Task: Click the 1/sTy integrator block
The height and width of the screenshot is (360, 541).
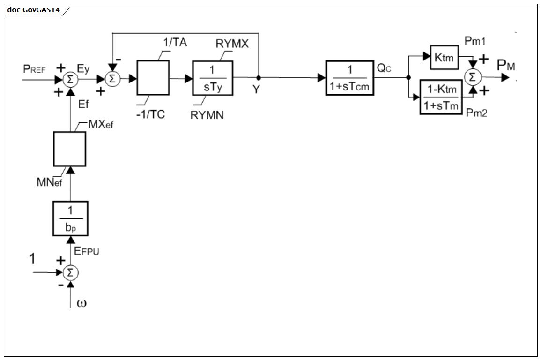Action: tap(213, 78)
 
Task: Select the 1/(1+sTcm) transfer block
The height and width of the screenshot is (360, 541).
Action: tap(350, 78)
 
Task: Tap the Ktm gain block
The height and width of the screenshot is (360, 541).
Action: tap(445, 57)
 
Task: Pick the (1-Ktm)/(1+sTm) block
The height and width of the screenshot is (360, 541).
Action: tap(441, 97)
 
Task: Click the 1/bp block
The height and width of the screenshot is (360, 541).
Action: tap(70, 218)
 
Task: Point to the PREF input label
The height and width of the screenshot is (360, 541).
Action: tap(34, 69)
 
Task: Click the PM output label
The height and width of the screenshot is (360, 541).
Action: tap(506, 65)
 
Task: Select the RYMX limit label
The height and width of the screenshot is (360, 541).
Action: tap(232, 44)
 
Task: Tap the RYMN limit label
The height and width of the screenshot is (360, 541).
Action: tap(207, 115)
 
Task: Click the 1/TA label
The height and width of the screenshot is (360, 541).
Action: tap(175, 43)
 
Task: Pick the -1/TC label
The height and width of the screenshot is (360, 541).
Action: tap(150, 114)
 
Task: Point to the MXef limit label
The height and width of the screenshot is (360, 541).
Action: tap(101, 124)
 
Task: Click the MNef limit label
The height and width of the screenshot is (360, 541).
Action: tap(49, 182)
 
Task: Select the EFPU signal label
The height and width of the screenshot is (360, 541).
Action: tap(87, 251)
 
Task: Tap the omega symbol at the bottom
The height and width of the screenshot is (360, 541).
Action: tap(82, 303)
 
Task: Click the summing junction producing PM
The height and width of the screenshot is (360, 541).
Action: tap(472, 77)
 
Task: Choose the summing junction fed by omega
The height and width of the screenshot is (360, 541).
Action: tap(70, 273)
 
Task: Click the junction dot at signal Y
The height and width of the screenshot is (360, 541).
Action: tap(259, 78)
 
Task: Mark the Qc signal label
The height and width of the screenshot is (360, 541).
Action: tap(384, 68)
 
